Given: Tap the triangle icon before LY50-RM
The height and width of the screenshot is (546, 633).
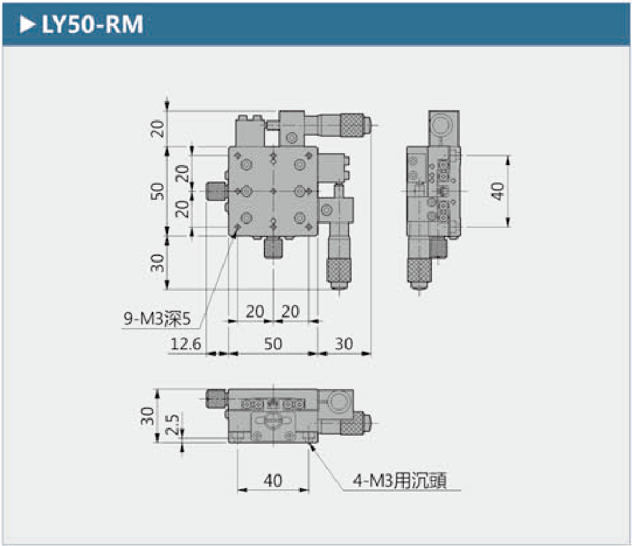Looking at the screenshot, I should click(27, 25).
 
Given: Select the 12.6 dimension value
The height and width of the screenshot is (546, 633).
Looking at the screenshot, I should click(185, 344).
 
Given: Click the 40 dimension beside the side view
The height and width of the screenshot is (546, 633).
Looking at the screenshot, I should click(497, 191).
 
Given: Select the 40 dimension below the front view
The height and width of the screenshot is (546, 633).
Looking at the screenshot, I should click(273, 481).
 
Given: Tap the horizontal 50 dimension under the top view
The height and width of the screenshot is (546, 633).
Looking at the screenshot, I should click(273, 344).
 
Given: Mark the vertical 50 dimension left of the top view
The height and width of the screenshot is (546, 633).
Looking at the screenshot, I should click(157, 191).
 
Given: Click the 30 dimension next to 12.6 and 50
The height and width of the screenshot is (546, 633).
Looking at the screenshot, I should click(344, 344).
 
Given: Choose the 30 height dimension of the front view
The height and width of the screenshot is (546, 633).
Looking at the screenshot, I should click(148, 416).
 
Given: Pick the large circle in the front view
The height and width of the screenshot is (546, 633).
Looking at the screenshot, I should click(339, 402).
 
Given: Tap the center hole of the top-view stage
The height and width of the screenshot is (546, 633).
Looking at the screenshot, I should click(273, 191).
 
